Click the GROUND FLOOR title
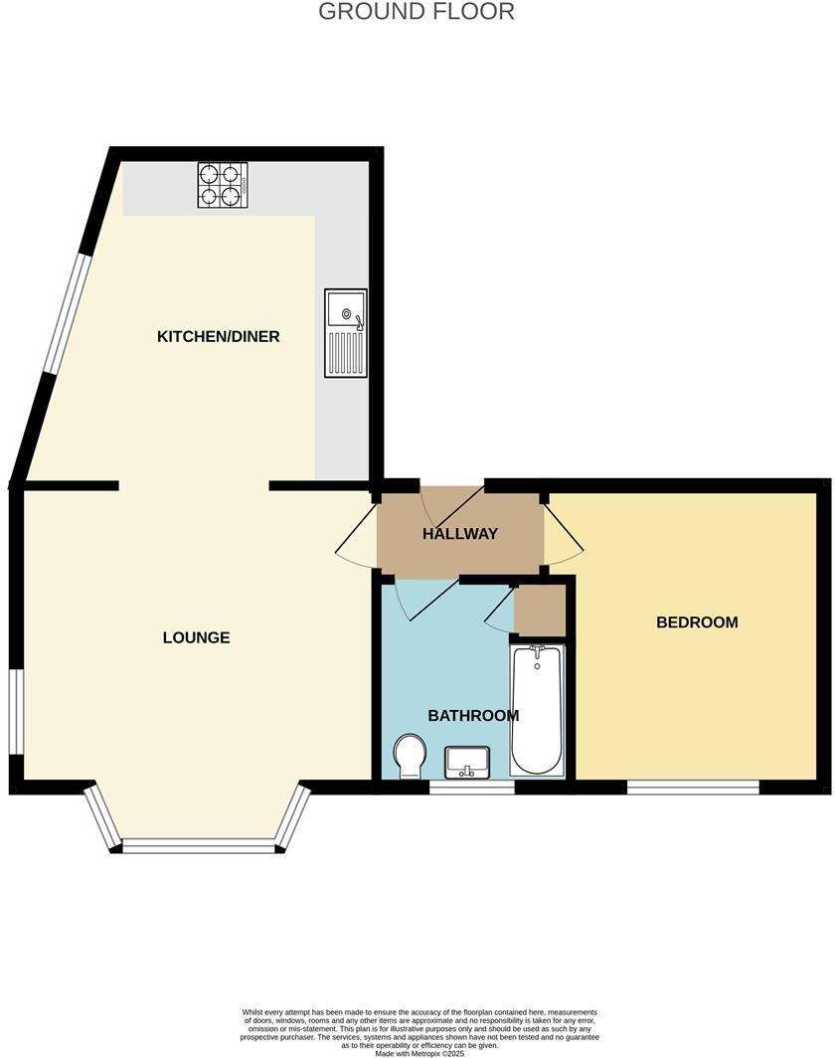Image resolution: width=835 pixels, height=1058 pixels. (x=417, y=12)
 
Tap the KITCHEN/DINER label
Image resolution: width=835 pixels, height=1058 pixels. (x=219, y=336)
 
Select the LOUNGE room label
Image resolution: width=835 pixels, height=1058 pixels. (x=196, y=637)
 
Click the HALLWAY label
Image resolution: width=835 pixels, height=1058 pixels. (x=460, y=534)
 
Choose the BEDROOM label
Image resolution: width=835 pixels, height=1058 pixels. (x=697, y=622)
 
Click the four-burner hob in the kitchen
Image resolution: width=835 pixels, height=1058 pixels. (x=221, y=184)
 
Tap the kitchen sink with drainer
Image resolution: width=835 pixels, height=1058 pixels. (x=345, y=333)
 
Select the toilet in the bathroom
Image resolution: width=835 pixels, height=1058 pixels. (x=410, y=757)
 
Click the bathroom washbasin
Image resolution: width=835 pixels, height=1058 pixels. (x=466, y=762)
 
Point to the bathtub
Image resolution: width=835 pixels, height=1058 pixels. (x=537, y=709)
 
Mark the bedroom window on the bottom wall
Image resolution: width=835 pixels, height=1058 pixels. (x=693, y=788)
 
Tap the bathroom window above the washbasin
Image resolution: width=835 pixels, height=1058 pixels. (x=472, y=788)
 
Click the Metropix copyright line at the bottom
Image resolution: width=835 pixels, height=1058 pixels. (x=418, y=1053)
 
